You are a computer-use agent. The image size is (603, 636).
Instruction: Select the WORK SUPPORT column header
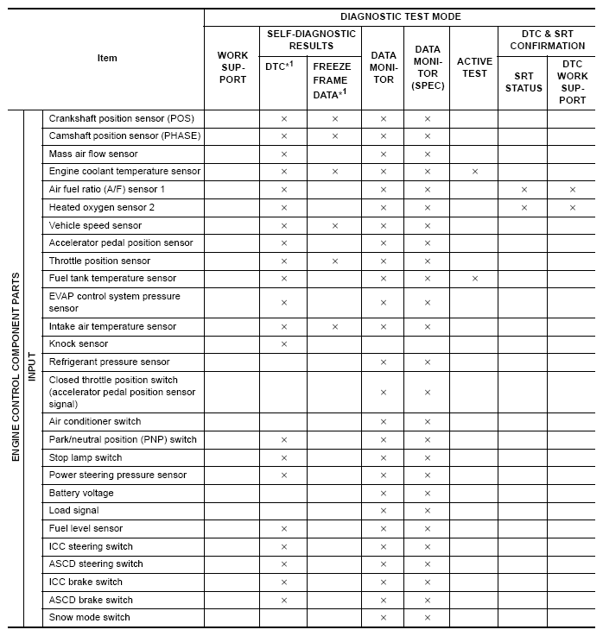pyautogui.click(x=232, y=67)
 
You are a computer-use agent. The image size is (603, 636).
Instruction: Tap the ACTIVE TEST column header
pyautogui.click(x=474, y=67)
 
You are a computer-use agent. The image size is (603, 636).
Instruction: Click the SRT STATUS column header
pyautogui.click(x=524, y=82)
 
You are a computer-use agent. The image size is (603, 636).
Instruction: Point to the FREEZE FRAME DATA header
pyautogui.click(x=334, y=79)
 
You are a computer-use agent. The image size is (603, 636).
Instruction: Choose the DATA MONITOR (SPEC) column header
pyautogui.click(x=427, y=67)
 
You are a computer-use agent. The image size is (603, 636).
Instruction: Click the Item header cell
pyautogui.click(x=107, y=58)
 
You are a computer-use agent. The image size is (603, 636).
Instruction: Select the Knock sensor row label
pyautogui.click(x=79, y=343)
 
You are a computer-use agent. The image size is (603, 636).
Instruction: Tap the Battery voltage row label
pyautogui.click(x=81, y=493)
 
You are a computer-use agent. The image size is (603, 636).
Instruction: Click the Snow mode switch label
pyautogui.click(x=89, y=617)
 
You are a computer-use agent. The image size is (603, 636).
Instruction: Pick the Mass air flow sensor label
pyautogui.click(x=93, y=154)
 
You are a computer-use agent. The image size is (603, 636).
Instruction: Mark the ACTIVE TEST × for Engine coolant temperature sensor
pyautogui.click(x=474, y=172)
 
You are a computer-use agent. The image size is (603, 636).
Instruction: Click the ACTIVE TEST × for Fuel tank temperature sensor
pyautogui.click(x=474, y=279)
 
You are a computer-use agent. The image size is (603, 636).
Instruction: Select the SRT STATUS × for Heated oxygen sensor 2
pyautogui.click(x=524, y=207)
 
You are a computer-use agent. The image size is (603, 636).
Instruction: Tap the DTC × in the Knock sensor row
pyautogui.click(x=284, y=344)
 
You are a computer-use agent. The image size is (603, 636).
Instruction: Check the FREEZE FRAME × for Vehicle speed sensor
pyautogui.click(x=334, y=225)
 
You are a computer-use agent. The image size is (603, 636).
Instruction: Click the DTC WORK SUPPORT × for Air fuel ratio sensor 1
pyautogui.click(x=572, y=189)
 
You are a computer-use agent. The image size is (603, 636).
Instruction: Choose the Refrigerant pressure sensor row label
pyautogui.click(x=109, y=362)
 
